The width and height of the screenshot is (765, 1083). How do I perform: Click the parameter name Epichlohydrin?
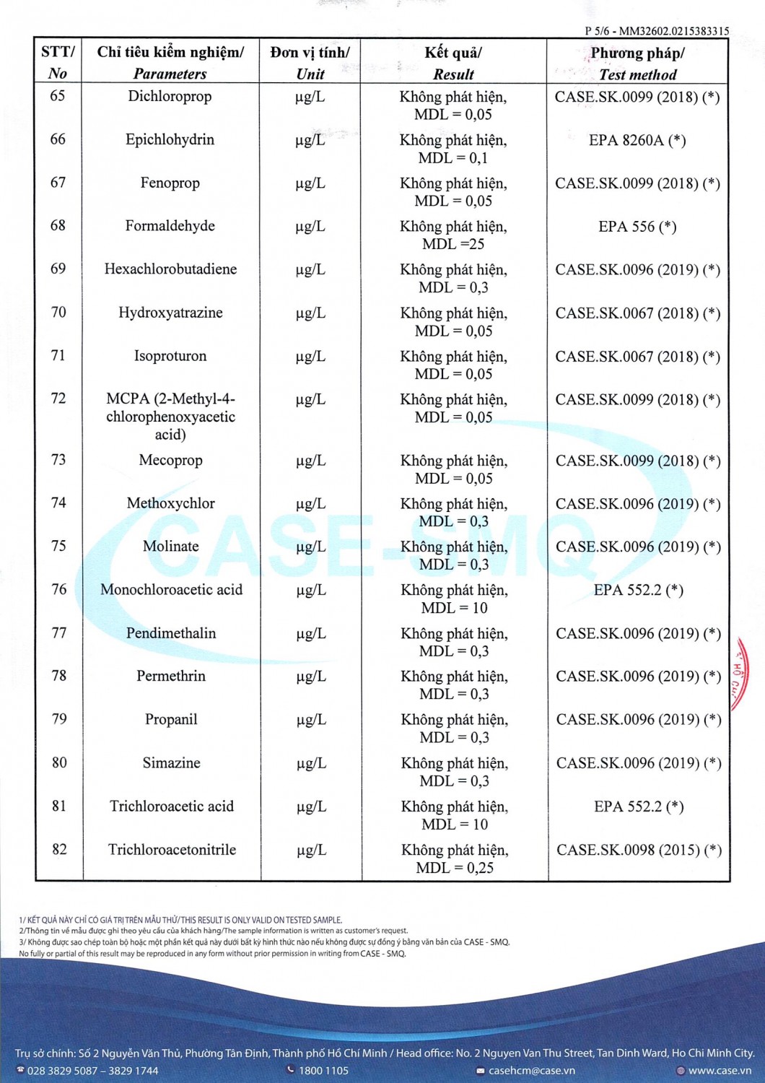pyautogui.click(x=170, y=139)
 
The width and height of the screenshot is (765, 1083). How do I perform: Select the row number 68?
pyautogui.click(x=58, y=225)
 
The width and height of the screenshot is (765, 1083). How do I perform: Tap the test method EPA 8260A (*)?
pyautogui.click(x=637, y=140)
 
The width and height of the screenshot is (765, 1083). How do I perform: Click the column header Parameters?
pyautogui.click(x=170, y=74)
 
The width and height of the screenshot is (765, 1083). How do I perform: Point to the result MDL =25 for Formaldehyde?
pyautogui.click(x=453, y=244)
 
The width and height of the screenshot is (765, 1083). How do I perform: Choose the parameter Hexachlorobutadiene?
pyautogui.click(x=170, y=269)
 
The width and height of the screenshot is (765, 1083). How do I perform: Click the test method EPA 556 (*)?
pyautogui.click(x=637, y=227)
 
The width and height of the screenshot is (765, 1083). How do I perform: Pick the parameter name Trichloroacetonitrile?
pyautogui.click(x=172, y=850)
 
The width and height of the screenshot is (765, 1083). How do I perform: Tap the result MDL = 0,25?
pyautogui.click(x=455, y=868)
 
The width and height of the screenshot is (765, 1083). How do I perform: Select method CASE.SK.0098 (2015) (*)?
pyautogui.click(x=639, y=850)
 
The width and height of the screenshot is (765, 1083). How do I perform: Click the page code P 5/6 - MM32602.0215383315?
pyautogui.click(x=657, y=31)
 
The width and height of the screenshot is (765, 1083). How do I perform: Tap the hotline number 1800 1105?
pyautogui.click(x=323, y=1071)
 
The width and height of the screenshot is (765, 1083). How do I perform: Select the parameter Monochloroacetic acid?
pyautogui.click(x=171, y=590)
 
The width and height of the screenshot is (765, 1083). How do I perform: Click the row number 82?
pyautogui.click(x=59, y=849)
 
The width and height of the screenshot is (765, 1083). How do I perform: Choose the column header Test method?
pyautogui.click(x=637, y=74)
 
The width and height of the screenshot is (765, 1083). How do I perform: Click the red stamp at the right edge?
pyautogui.click(x=739, y=675)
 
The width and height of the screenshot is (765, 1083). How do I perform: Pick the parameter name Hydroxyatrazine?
pyautogui.click(x=170, y=313)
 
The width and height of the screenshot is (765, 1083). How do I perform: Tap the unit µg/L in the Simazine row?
pyautogui.click(x=311, y=763)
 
